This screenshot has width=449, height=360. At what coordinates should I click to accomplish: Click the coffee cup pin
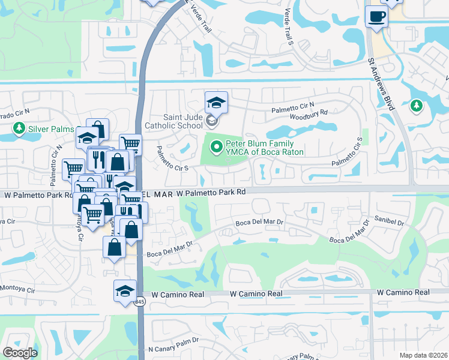(376, 17)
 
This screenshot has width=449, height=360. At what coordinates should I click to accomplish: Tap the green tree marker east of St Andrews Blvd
(415, 106)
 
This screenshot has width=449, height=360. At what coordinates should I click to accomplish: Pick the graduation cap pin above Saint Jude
(216, 103)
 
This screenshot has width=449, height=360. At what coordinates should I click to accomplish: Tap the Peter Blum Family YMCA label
(264, 148)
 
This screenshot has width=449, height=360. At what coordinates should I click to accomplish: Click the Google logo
(20, 352)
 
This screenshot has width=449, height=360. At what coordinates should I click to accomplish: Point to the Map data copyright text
(423, 355)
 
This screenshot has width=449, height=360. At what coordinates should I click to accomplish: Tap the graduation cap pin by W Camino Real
(125, 292)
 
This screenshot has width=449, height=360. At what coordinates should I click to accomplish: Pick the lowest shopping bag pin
(114, 247)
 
